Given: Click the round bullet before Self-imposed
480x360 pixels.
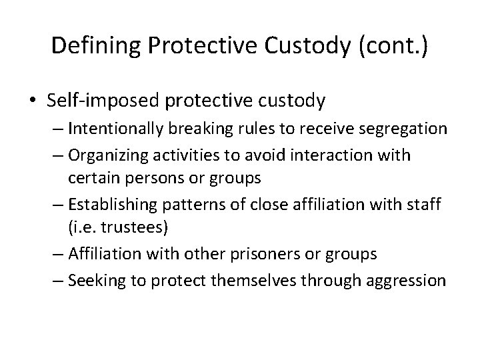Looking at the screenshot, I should coord(35,101).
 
